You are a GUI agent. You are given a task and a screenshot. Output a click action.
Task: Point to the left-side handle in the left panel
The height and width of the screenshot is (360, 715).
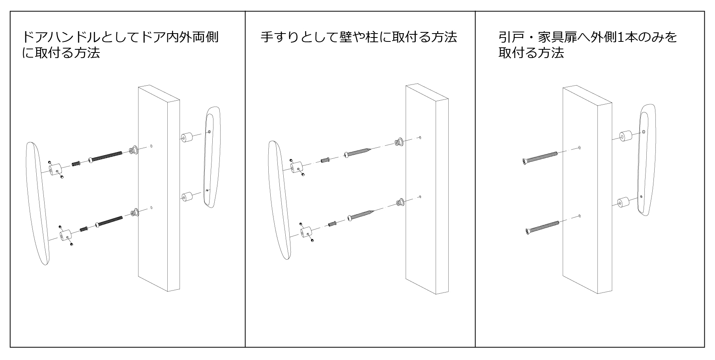(x=38, y=203)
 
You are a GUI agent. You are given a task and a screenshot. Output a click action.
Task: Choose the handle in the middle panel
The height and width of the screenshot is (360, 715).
(x=280, y=199)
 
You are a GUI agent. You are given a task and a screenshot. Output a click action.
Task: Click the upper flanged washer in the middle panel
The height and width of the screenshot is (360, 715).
(x=399, y=142)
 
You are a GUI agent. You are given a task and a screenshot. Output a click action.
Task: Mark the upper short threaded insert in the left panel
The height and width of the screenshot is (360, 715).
(x=76, y=163)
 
